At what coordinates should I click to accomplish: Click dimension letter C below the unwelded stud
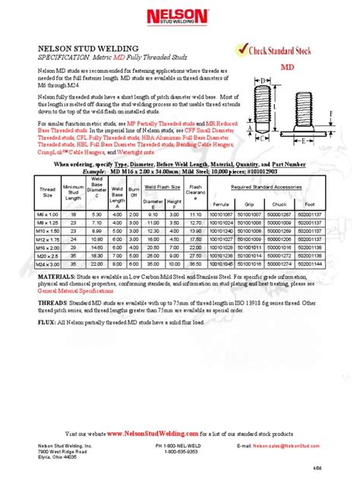pos(261,139)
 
